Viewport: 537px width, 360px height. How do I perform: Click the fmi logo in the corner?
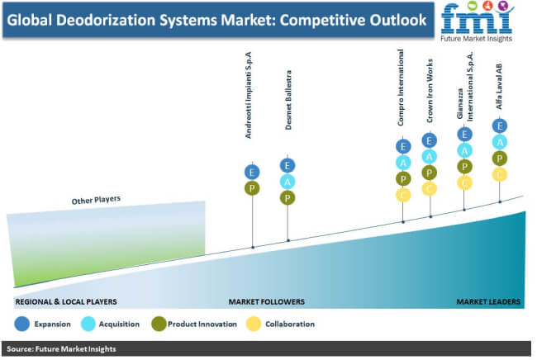tap(477, 21)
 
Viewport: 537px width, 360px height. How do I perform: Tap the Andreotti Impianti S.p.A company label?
tap(249, 95)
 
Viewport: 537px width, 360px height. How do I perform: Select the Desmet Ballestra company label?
tap(288, 100)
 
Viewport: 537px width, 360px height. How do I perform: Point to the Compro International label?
tap(401, 88)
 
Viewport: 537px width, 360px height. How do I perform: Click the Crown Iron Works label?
tap(430, 91)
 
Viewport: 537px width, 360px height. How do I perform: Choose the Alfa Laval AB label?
tap(499, 86)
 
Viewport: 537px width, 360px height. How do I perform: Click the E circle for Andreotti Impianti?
tap(252, 172)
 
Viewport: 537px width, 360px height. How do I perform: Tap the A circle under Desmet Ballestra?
tap(288, 182)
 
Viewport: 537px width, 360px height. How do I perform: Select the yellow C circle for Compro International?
tap(403, 195)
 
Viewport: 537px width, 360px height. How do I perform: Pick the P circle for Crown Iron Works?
tap(430, 173)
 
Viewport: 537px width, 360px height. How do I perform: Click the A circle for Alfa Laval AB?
tap(500, 142)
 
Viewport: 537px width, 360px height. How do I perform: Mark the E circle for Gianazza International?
tap(465, 134)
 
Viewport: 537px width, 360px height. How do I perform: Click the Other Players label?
tap(96, 200)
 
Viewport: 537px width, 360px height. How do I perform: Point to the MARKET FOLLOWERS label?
tap(267, 302)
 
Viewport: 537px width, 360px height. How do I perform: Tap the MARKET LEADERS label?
tap(488, 302)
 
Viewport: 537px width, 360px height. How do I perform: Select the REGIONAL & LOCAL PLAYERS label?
tap(66, 302)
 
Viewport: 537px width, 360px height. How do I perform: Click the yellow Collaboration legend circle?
tap(254, 324)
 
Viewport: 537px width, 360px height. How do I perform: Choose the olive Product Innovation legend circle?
tap(159, 324)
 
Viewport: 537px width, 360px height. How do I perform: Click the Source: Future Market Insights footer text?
tap(61, 349)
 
